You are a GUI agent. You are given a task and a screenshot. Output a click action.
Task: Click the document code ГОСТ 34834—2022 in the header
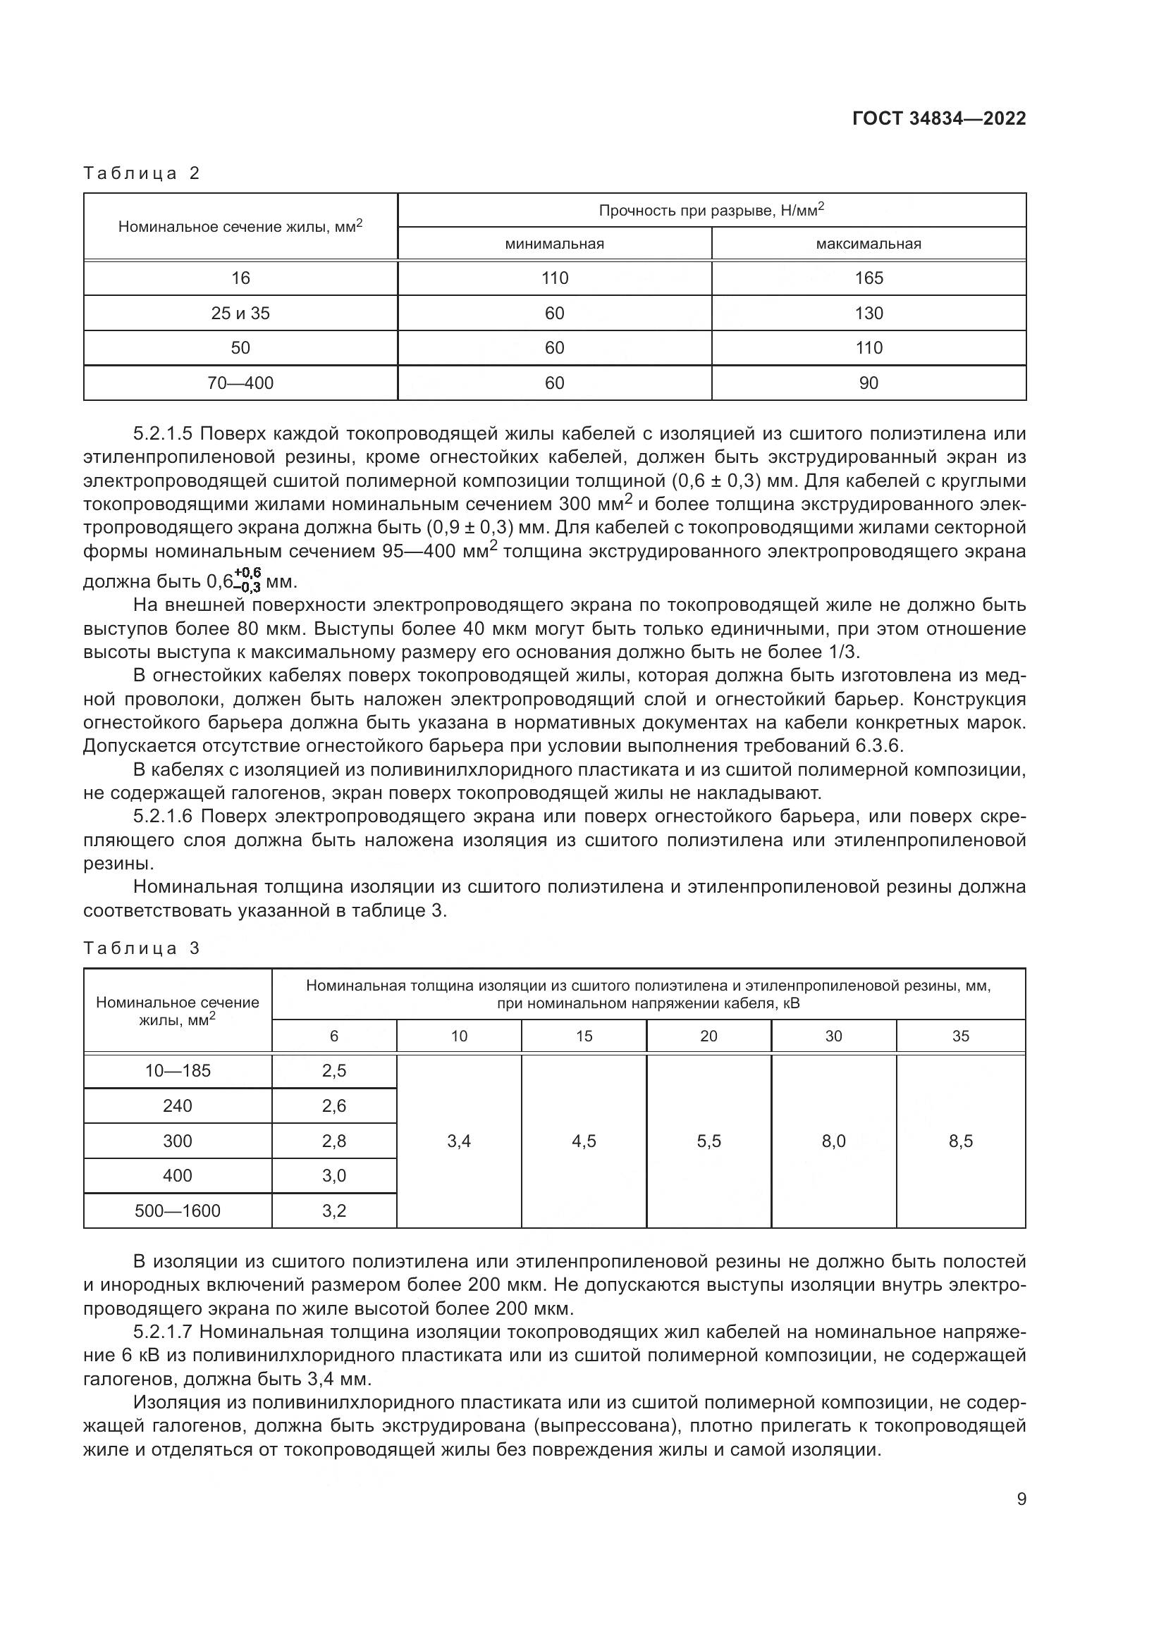[x=938, y=118]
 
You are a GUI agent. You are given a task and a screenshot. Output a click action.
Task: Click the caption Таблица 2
[x=142, y=173]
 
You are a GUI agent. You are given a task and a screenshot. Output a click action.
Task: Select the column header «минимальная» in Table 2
[x=554, y=244]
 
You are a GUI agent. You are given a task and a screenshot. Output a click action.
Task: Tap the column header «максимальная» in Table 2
[x=868, y=244]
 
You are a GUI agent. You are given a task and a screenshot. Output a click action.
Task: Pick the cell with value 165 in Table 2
[x=868, y=278]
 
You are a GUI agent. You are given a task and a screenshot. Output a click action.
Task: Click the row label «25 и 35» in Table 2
[x=240, y=314]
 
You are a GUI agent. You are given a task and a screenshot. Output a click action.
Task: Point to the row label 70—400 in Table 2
[x=240, y=383]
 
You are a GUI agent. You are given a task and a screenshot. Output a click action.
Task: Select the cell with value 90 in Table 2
[x=868, y=383]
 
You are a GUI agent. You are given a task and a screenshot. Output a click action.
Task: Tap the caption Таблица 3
[x=142, y=948]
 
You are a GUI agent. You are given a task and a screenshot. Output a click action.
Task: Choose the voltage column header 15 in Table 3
[x=584, y=1036]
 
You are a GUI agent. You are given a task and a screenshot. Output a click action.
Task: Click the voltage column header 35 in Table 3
[x=960, y=1036]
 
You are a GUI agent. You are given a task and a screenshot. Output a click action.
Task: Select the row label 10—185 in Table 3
[x=178, y=1071]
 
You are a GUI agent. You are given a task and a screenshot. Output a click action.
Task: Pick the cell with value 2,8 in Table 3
[x=334, y=1141]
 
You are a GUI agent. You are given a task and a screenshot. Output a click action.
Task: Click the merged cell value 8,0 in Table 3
[x=833, y=1141]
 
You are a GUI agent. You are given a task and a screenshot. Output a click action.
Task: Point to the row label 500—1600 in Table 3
[x=178, y=1211]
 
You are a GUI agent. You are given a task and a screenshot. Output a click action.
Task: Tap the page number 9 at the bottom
[x=1021, y=1499]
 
